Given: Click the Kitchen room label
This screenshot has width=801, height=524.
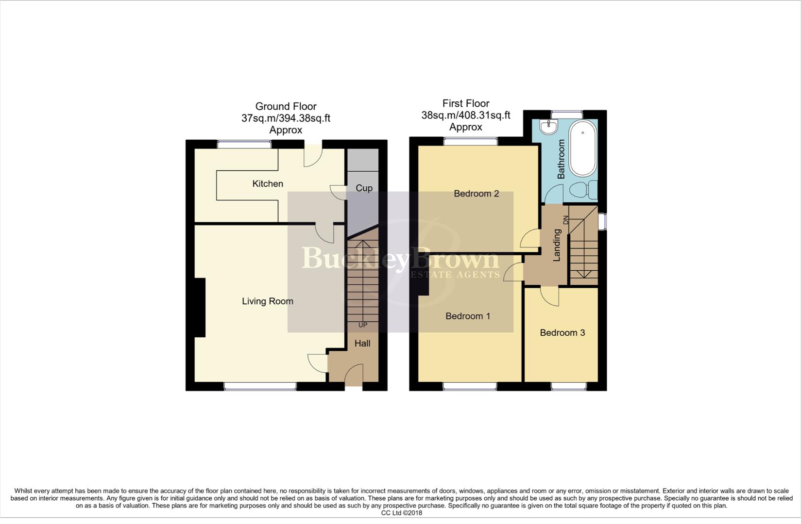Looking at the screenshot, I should point(268,183).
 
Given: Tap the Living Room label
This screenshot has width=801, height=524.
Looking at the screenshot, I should point(268,301).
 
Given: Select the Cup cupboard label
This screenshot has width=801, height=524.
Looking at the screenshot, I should point(364,188).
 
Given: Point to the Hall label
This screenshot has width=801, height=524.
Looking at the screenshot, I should point(362,344).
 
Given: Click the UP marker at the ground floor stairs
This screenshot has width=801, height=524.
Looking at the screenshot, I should point(363,325).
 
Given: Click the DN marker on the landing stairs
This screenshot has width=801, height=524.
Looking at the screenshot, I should point(565,219).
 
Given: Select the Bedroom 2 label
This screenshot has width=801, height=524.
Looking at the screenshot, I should point(476,194).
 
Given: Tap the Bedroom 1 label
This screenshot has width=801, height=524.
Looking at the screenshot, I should point(468,316).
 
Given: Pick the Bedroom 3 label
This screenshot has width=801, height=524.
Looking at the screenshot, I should point(562,333).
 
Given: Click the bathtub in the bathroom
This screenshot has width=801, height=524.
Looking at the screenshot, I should point(583,147).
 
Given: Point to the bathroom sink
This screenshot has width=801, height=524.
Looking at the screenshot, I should point(549,127).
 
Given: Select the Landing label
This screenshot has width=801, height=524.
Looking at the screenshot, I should point(557,245).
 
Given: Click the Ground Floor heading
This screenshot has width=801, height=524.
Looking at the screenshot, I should point(286,106).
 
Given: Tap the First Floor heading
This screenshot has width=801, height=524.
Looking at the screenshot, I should point(466,103).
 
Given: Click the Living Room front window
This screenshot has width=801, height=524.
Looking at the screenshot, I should point(260,386).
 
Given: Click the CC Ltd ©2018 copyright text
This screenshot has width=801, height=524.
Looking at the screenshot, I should point(401,513).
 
